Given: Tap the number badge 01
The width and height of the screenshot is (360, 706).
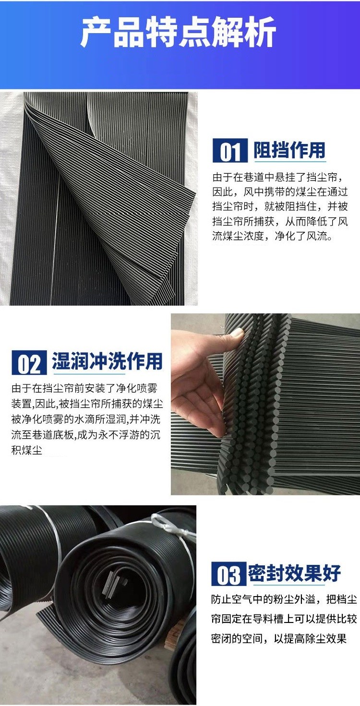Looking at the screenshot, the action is [230, 151].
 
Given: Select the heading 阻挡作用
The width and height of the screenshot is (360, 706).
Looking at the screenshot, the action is [289, 150].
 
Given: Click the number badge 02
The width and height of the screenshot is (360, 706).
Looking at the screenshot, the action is [29, 362].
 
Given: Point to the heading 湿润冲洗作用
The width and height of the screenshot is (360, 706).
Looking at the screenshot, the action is [108, 361].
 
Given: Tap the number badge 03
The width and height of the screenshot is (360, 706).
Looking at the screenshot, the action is [228, 574].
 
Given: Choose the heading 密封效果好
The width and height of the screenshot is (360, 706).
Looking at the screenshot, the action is [294, 573].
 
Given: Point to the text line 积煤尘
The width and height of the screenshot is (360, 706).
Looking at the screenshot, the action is [27, 450].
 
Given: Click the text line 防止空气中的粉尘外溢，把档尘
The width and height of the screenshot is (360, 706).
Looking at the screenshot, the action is [284, 599].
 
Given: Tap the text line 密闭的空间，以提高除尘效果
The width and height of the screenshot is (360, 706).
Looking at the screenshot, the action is [279, 638].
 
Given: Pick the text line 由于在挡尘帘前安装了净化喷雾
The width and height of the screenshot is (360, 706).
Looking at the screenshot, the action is [84, 388].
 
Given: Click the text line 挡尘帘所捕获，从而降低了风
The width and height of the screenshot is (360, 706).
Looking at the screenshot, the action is [280, 221].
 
